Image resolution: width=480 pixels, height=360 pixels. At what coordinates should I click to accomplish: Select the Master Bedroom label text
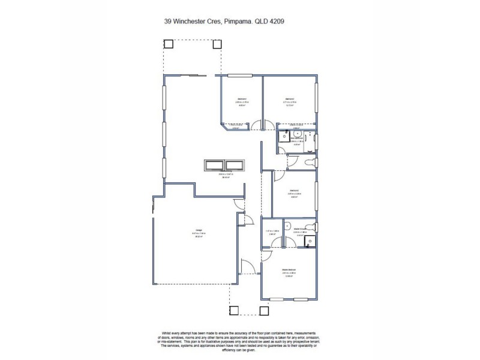click(289, 271)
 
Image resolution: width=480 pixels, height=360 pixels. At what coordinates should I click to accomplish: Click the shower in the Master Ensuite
click(310, 242)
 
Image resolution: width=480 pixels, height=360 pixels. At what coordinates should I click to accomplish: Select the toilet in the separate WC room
click(310, 163)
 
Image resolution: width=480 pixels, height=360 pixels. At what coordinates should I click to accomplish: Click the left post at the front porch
click(234, 311)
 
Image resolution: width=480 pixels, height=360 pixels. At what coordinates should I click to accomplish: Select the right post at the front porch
click(263, 311)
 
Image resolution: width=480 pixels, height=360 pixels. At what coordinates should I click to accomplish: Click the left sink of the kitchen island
click(214, 164)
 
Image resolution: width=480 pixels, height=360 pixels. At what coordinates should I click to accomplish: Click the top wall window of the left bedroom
click(238, 76)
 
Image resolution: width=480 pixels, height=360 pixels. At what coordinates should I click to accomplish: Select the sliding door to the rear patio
click(192, 76)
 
